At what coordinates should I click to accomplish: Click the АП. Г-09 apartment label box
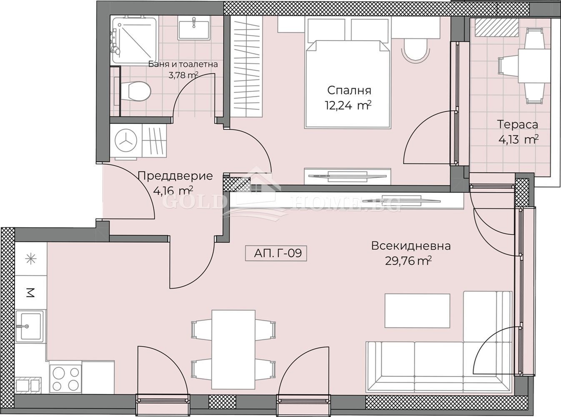pos(276,253)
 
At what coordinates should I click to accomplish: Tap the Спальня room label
pos(349,90)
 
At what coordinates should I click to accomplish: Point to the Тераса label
pos(518,125)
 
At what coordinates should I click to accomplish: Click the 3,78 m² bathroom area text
pos(183,75)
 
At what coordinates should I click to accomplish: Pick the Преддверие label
pos(176,176)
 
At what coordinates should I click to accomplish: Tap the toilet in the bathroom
pos(135,91)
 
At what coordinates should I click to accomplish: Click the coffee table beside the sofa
pos(417,314)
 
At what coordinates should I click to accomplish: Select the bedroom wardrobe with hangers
pos(247,67)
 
